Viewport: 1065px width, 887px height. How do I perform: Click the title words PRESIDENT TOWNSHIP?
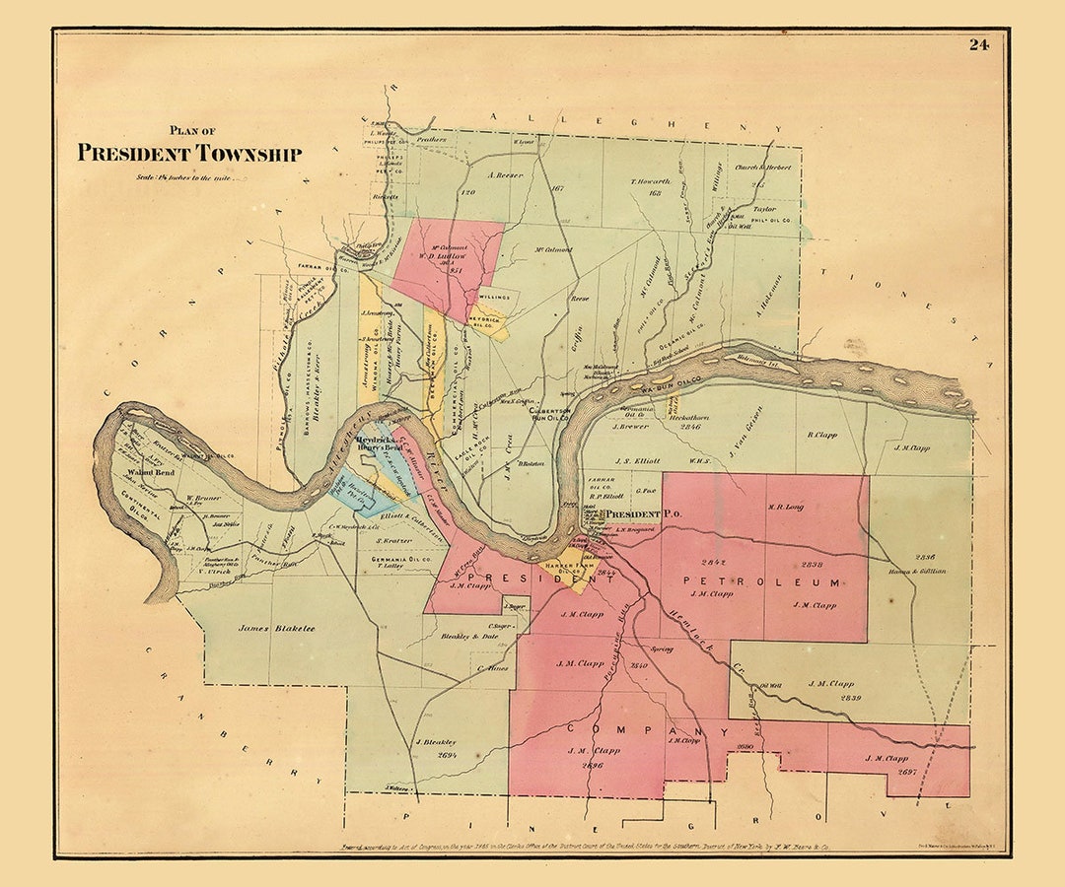[189, 153]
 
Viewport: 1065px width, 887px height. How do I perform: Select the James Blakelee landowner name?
[276, 628]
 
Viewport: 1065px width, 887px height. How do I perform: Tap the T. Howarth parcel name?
[650, 182]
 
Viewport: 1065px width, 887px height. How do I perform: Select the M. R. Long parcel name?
[786, 508]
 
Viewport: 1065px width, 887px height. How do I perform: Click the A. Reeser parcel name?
[504, 177]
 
